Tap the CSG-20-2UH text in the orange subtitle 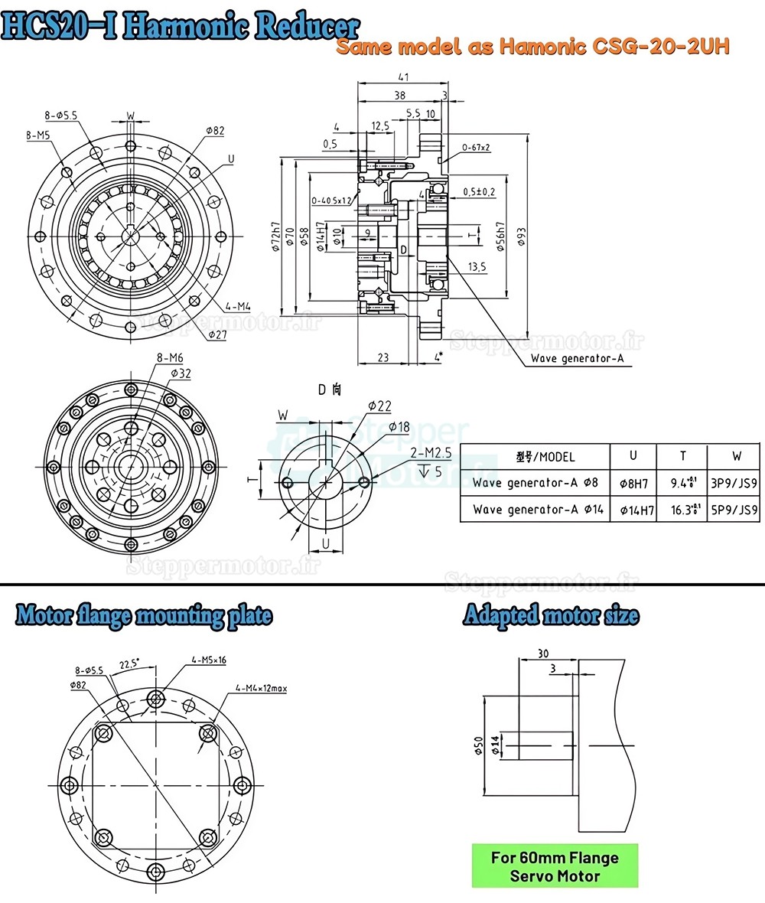[659, 47]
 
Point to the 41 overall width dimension [403, 77]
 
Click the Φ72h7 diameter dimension [275, 238]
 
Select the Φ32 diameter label [181, 373]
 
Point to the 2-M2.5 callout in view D [431, 453]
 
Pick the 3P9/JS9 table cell [735, 482]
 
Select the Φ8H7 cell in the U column [633, 483]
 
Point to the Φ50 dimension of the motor [478, 745]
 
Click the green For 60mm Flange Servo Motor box [554, 866]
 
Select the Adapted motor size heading [551, 615]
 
